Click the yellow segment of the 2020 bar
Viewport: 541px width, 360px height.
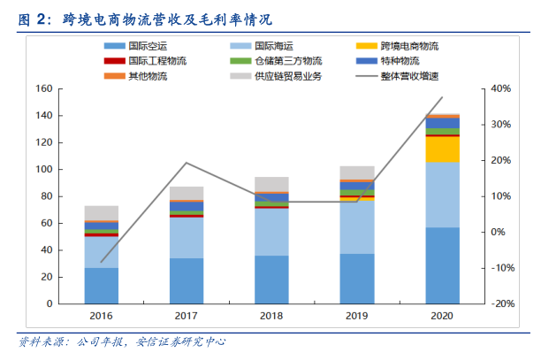443,149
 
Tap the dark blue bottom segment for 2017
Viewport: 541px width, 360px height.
187,280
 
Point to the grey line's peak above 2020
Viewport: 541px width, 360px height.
443,97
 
